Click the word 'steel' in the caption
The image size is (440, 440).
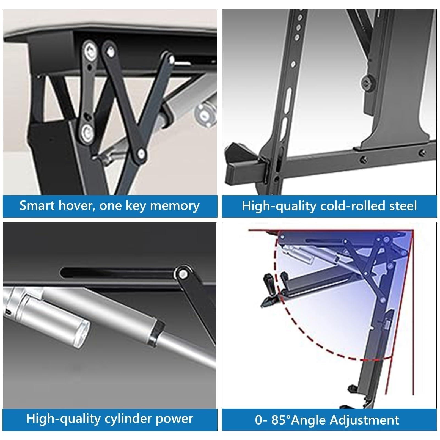tap(403, 206)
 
